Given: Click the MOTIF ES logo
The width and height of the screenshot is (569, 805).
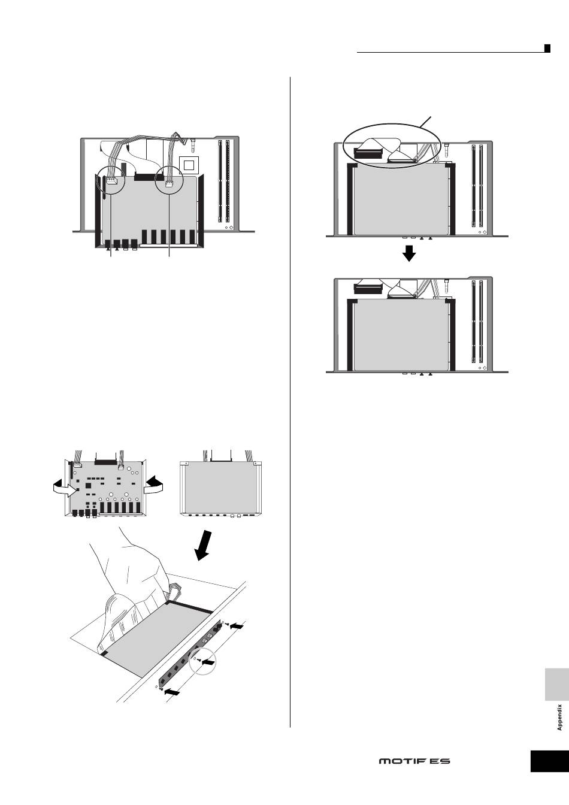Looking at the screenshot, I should pos(414,761).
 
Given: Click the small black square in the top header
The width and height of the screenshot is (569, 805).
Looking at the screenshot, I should pos(547,49).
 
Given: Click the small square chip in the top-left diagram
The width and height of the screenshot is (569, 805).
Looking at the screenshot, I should pos(190,164).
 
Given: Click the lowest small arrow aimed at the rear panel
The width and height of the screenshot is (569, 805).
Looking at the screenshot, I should pos(172,692).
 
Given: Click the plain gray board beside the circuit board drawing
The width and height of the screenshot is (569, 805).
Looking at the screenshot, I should pos(221,487).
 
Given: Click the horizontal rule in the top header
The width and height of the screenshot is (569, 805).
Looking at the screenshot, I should pos(449,53).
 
